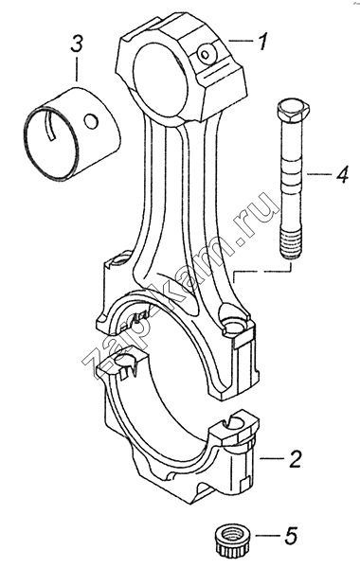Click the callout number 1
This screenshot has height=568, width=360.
point(262,42)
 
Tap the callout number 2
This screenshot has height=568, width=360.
point(295,458)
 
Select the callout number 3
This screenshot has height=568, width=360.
point(77,44)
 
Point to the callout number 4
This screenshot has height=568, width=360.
point(341,174)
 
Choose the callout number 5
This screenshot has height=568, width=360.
point(290,535)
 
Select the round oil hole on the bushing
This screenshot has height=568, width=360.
point(91,122)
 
